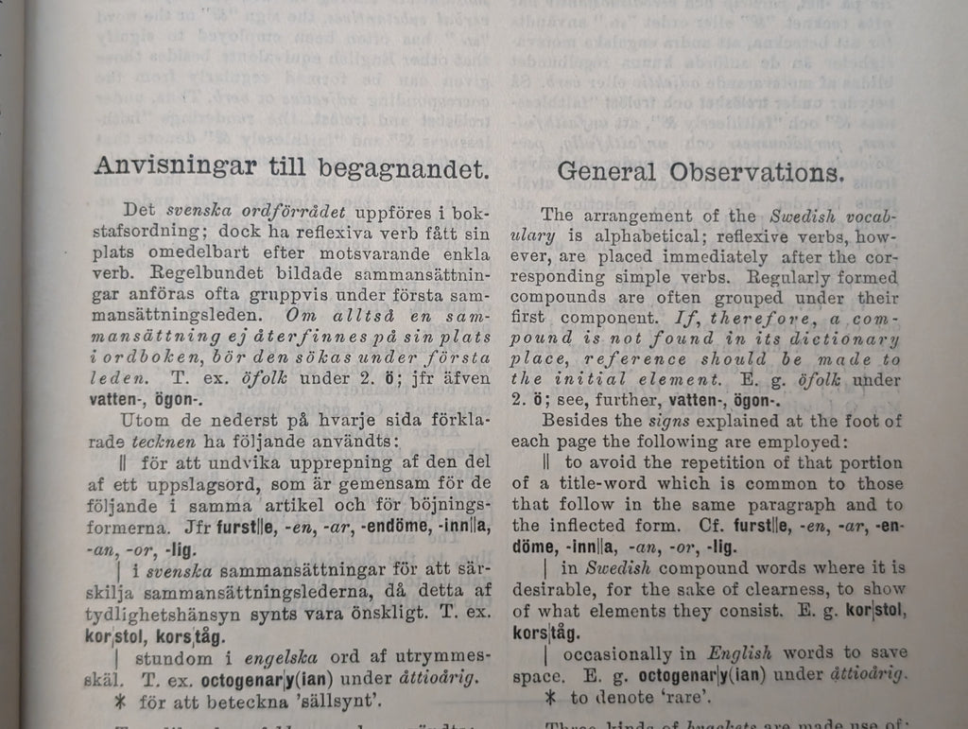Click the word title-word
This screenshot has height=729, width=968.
click(x=603, y=484)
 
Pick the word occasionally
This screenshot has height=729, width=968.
click(x=616, y=653)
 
